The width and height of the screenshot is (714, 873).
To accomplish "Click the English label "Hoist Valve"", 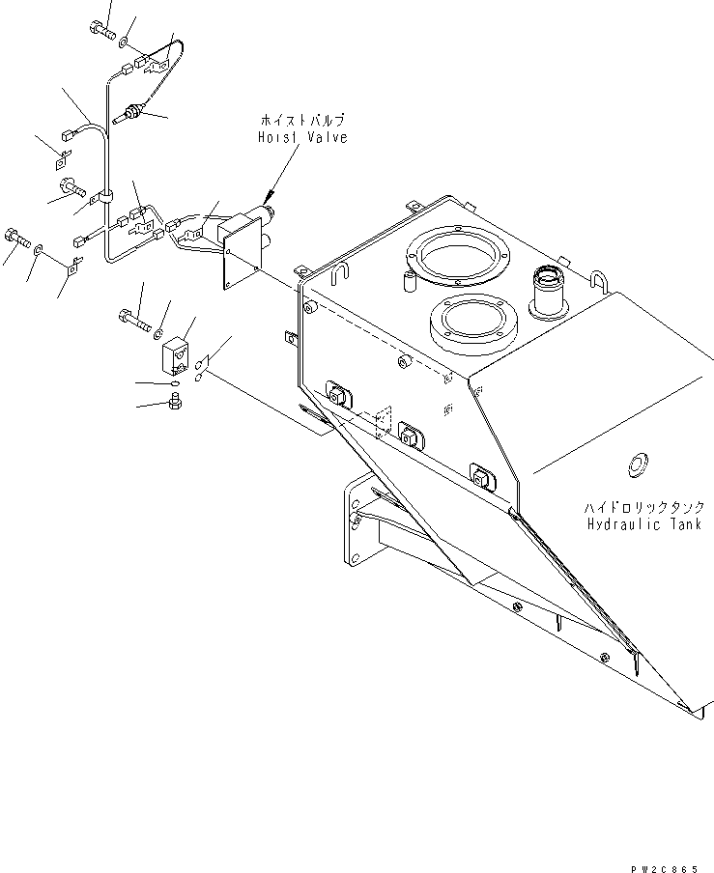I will coord(301,138).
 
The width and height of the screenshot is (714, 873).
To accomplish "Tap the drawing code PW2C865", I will coord(663,867).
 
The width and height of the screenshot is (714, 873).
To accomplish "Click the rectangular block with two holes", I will coord(176,355).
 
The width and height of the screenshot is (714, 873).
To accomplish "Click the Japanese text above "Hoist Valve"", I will coord(301,121).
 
